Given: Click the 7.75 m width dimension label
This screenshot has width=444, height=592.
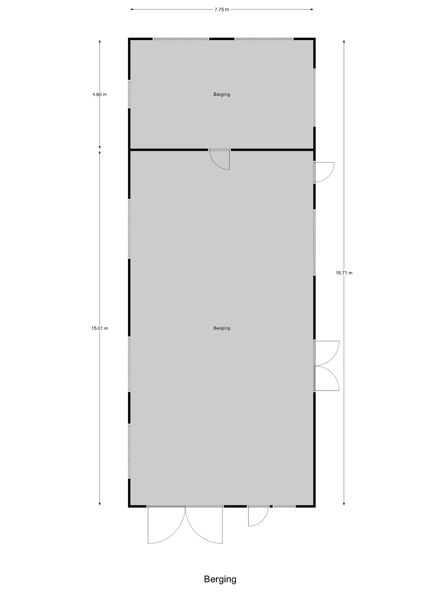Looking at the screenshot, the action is (222, 10).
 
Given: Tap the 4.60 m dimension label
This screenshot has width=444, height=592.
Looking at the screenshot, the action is (100, 95).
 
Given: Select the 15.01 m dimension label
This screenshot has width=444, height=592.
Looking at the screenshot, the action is (100, 328).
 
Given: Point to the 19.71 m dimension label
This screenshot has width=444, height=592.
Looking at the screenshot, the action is (344, 273).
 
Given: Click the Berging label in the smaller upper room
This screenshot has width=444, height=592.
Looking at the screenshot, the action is (222, 95).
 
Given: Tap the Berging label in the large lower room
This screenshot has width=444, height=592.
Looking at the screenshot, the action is (222, 328).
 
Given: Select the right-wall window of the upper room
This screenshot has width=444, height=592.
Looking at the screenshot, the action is (314, 98).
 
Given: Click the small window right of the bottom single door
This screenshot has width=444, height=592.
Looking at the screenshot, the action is (284, 506).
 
